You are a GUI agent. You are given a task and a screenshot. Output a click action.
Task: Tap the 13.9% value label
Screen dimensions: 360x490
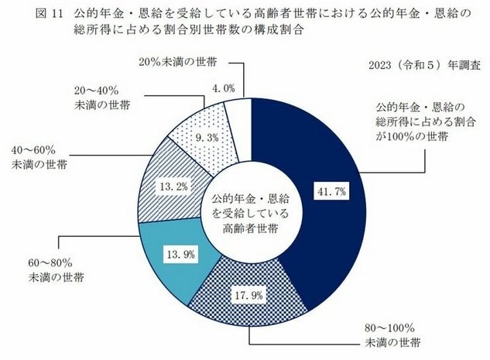[x=177, y=253]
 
